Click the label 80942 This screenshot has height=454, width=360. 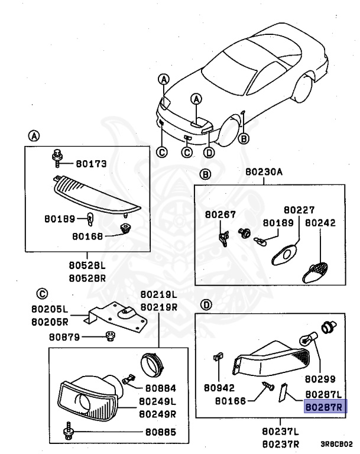click(219, 388)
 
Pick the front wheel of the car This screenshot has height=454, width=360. click(229, 132)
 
